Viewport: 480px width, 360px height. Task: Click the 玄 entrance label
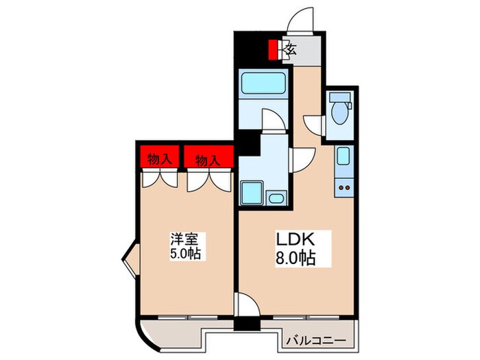click(x=290, y=50)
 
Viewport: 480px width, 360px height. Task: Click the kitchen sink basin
click(x=344, y=158)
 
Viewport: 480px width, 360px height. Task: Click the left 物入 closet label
click(x=160, y=160)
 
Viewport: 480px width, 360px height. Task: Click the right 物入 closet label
click(x=208, y=160)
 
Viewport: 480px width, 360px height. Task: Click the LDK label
click(x=295, y=240)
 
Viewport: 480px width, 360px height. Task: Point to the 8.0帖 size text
click(x=296, y=260)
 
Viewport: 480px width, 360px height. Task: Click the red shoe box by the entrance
click(x=274, y=49)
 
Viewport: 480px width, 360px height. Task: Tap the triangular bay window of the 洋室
click(x=129, y=259)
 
